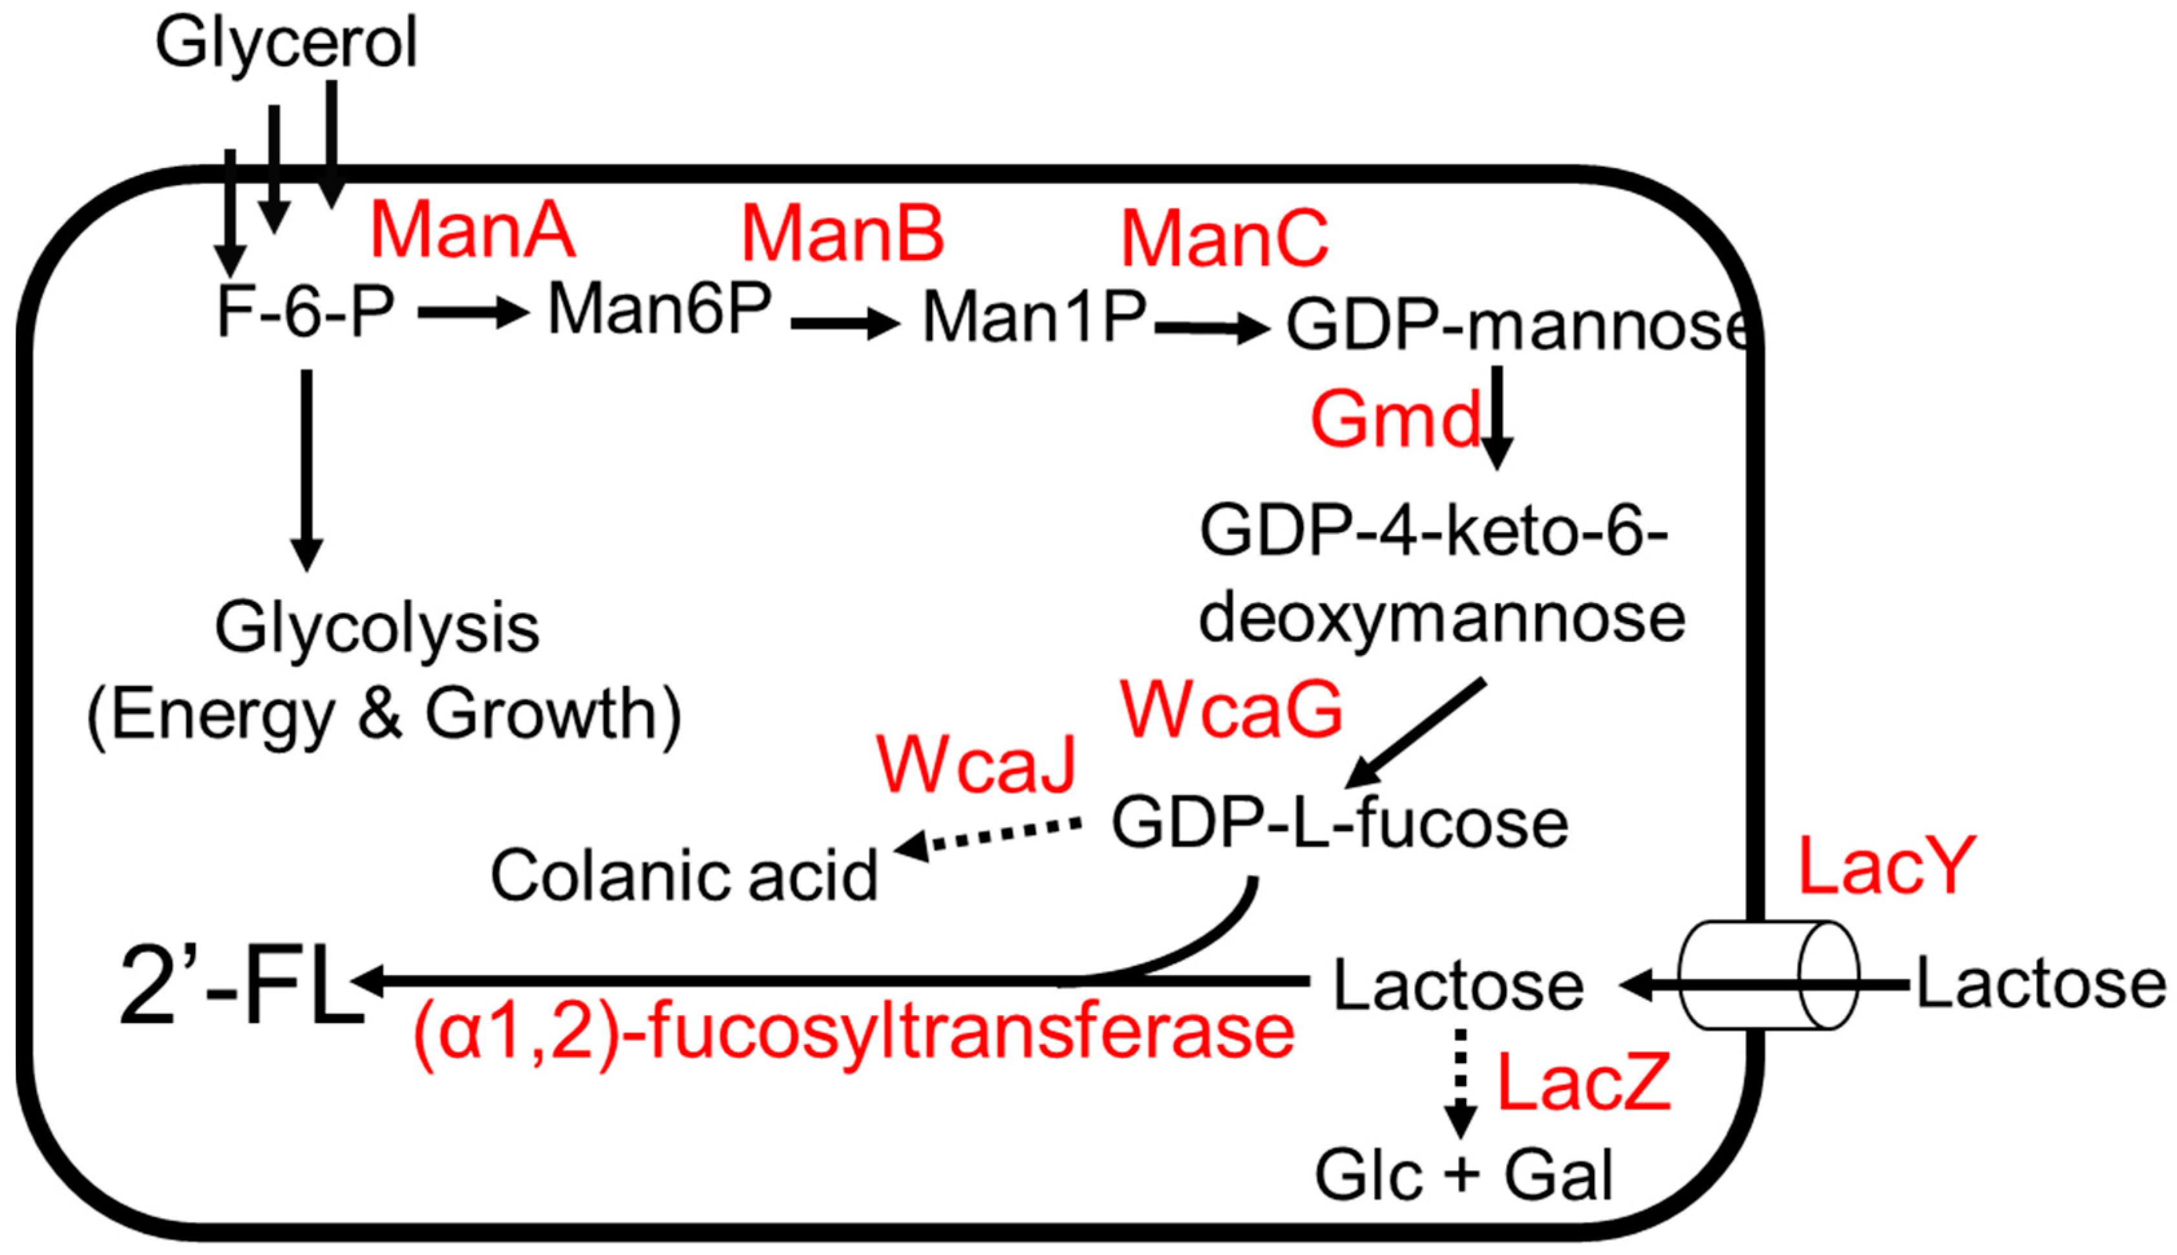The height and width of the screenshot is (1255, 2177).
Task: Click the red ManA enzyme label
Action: pyautogui.click(x=472, y=230)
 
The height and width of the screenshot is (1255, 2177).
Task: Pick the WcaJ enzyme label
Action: pyautogui.click(x=976, y=764)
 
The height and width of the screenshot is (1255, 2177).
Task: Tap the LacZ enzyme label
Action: pyautogui.click(x=1584, y=1082)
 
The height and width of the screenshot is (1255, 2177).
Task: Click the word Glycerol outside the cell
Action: pyautogui.click(x=286, y=43)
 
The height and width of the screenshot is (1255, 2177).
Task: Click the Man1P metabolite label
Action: pyautogui.click(x=1034, y=317)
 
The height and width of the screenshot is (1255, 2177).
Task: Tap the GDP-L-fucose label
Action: pyautogui.click(x=1340, y=823)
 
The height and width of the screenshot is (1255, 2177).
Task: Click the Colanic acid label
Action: pyautogui.click(x=684, y=875)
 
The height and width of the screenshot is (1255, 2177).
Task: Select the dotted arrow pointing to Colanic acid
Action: pyautogui.click(x=987, y=837)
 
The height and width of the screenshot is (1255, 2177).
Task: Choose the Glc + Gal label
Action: pyautogui.click(x=1463, y=1175)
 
